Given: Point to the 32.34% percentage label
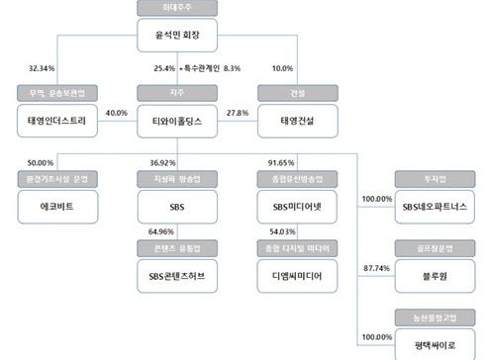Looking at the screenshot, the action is pyautogui.click(x=42, y=68).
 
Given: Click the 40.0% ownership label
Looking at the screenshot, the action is pyautogui.click(x=117, y=113).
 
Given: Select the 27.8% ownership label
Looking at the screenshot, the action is pyautogui.click(x=238, y=113).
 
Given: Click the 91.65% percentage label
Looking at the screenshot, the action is pyautogui.click(x=280, y=161).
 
